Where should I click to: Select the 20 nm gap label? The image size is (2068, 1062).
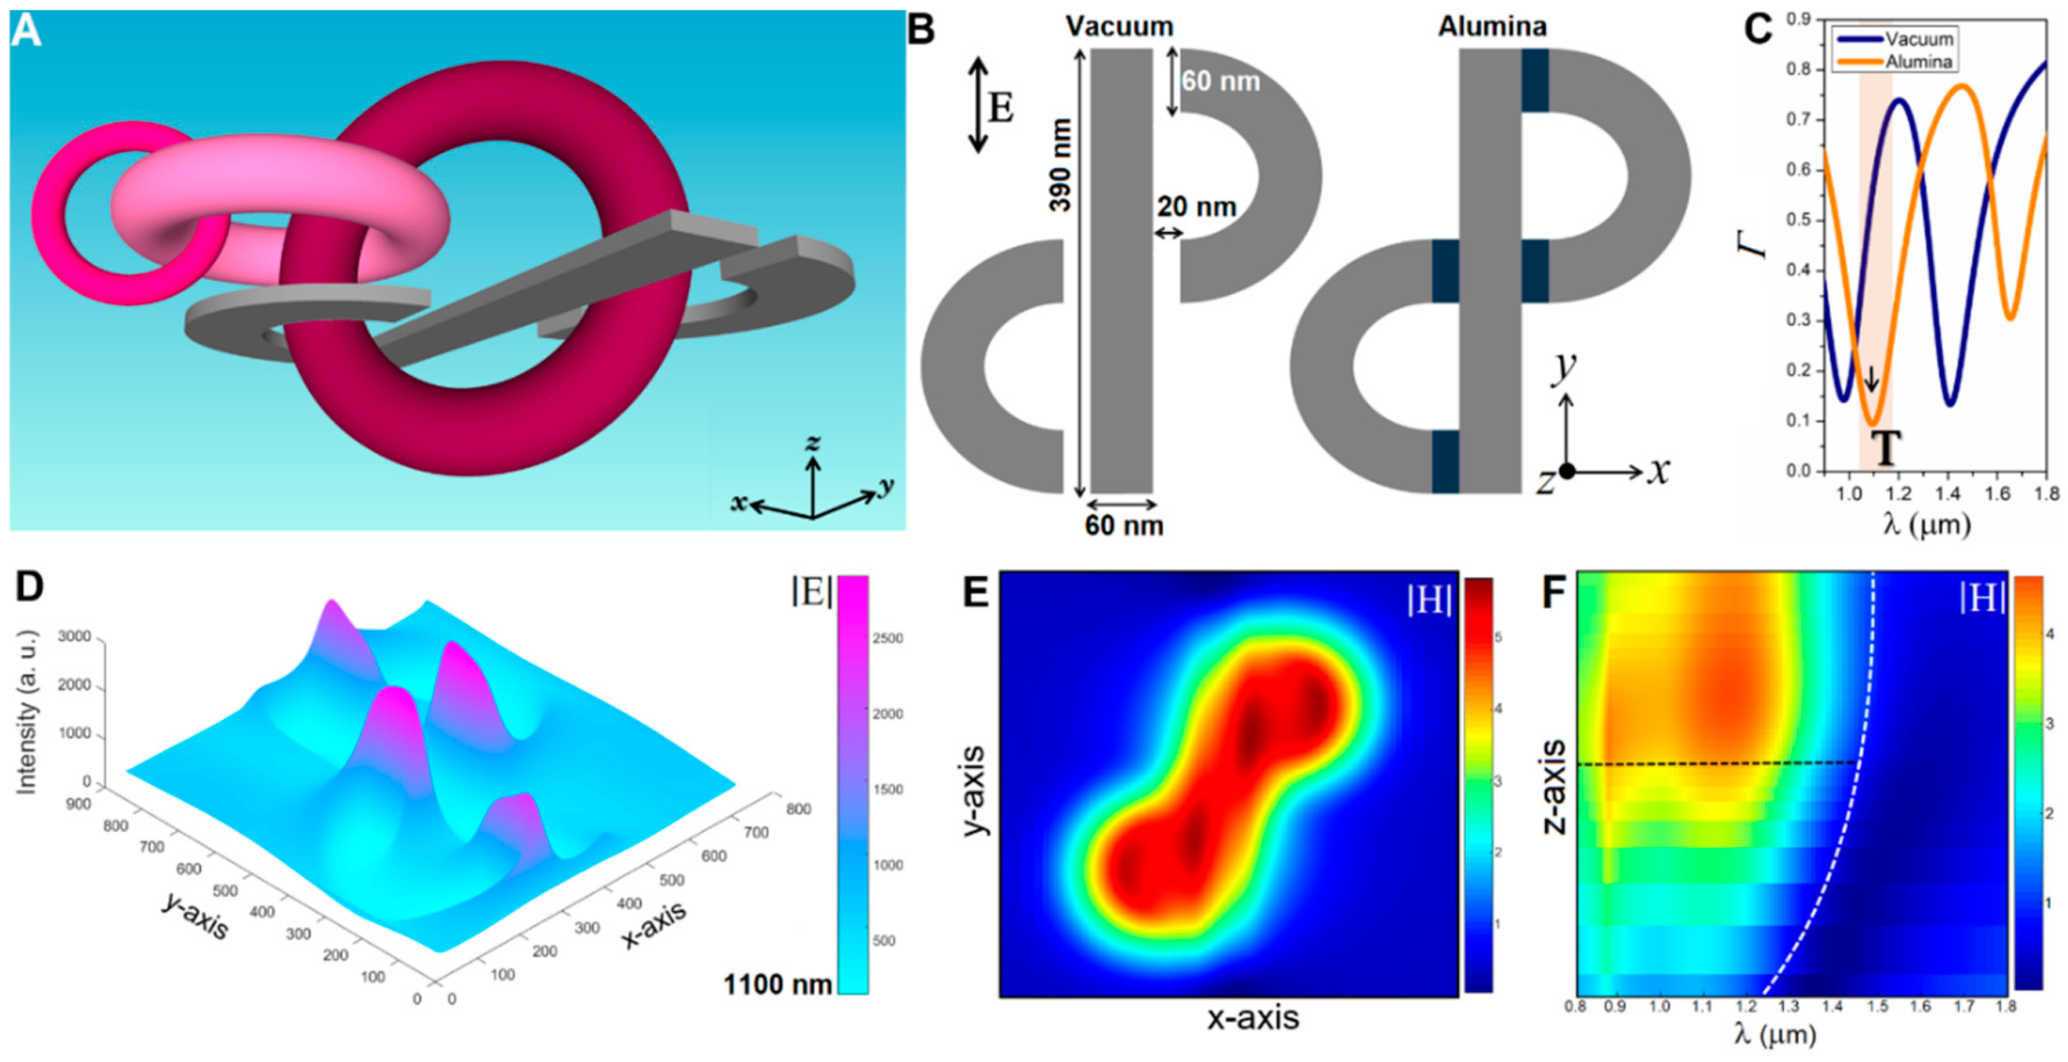(x=1196, y=207)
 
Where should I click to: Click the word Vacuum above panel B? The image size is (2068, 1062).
(x=1119, y=27)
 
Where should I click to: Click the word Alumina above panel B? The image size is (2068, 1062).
(x=1492, y=27)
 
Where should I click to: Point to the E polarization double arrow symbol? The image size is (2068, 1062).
(x=978, y=105)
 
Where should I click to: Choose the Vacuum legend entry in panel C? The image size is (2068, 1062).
(x=1919, y=38)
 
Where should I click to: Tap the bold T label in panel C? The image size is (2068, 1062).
(x=1886, y=448)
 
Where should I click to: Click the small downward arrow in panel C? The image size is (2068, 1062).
(x=1871, y=379)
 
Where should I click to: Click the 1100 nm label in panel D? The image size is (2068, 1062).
(x=776, y=984)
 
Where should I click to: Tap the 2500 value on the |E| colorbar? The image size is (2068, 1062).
(x=888, y=638)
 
